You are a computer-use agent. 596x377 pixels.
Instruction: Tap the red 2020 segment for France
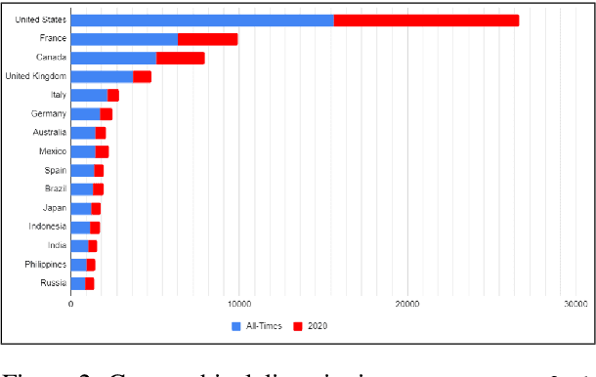(207, 39)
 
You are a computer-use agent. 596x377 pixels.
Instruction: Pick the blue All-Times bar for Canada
(113, 58)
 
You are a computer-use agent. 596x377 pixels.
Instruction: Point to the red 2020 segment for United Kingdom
(142, 76)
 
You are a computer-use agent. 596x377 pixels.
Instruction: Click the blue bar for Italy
(89, 95)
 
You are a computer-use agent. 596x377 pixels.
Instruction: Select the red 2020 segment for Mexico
(102, 151)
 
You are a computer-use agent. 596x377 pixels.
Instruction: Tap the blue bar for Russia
(78, 283)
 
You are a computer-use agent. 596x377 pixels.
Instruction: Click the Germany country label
(48, 114)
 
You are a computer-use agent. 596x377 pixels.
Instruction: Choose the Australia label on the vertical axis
(49, 133)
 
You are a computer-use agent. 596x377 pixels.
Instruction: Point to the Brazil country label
(55, 188)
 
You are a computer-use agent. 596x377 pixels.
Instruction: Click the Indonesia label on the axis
(48, 227)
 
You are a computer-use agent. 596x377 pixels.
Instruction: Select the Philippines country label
(45, 265)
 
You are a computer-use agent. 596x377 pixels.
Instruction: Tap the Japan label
(55, 208)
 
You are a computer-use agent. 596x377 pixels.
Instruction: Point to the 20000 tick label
(406, 305)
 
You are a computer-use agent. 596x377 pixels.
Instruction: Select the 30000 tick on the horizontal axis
(574, 305)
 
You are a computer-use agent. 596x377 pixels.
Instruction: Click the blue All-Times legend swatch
(235, 326)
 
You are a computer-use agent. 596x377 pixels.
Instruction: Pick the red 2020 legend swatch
(299, 326)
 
